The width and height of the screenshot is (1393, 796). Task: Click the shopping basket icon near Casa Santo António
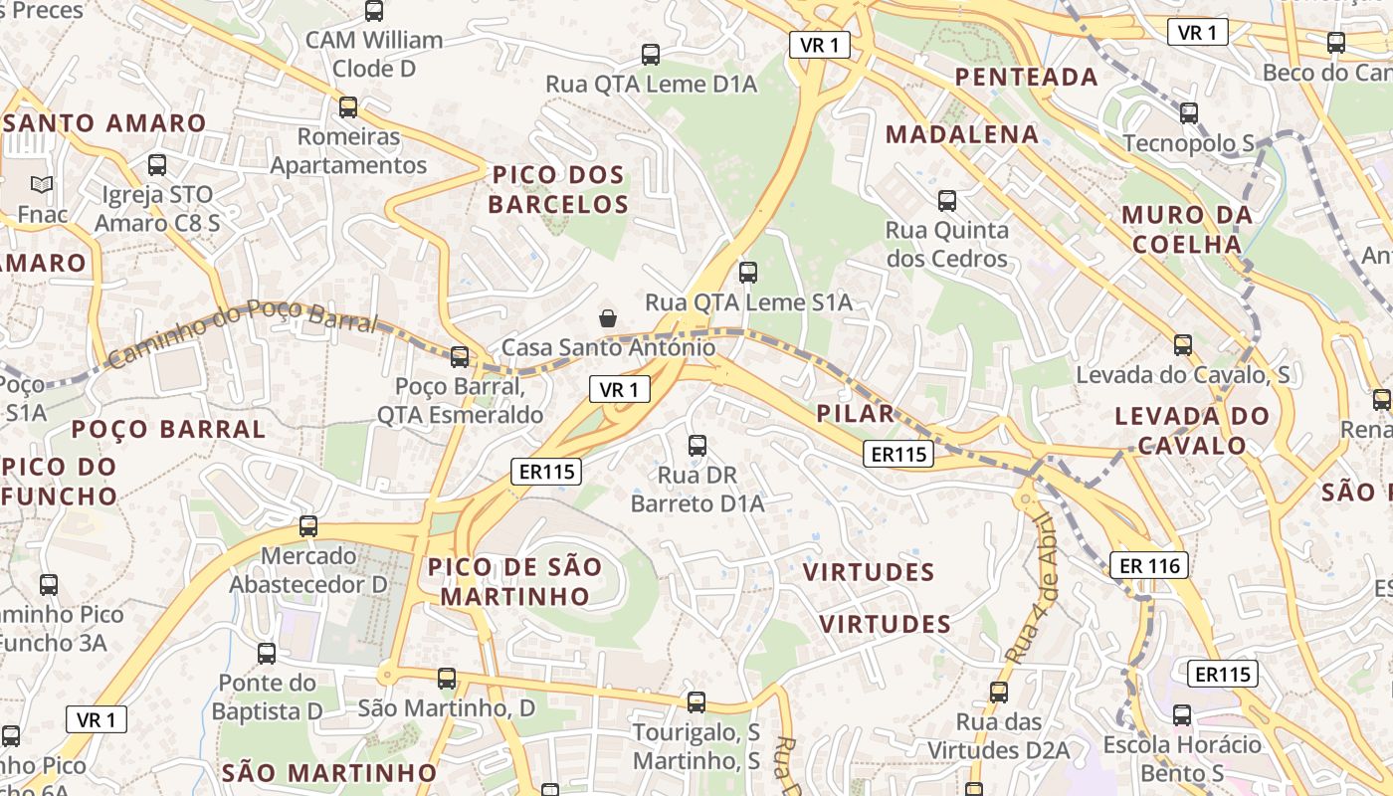(x=607, y=318)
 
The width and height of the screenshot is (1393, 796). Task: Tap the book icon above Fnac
(x=41, y=185)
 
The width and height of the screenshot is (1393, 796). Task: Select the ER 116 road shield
(x=1149, y=566)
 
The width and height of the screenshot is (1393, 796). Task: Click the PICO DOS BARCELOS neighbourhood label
(x=559, y=190)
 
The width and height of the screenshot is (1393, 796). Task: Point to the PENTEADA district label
(x=1026, y=77)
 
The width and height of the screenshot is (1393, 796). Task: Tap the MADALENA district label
(x=961, y=134)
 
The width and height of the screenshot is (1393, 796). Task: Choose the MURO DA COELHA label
(x=1186, y=229)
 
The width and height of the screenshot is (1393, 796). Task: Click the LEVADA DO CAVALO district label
(x=1192, y=430)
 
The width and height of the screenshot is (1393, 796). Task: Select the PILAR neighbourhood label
(x=855, y=414)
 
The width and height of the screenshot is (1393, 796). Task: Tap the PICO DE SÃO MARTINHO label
(x=514, y=581)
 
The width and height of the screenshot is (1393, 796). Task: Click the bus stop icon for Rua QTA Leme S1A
(x=747, y=272)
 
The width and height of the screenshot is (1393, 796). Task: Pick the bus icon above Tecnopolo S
(x=1188, y=113)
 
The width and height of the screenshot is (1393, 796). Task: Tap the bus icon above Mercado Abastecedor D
(x=308, y=526)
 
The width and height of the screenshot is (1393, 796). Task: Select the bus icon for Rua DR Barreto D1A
(x=697, y=445)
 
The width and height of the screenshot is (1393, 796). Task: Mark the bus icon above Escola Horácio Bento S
(x=1181, y=714)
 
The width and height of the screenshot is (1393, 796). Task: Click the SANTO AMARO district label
(x=103, y=123)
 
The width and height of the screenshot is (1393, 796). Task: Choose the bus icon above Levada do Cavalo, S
(x=1182, y=345)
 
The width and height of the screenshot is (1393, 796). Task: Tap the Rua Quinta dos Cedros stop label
(x=946, y=245)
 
